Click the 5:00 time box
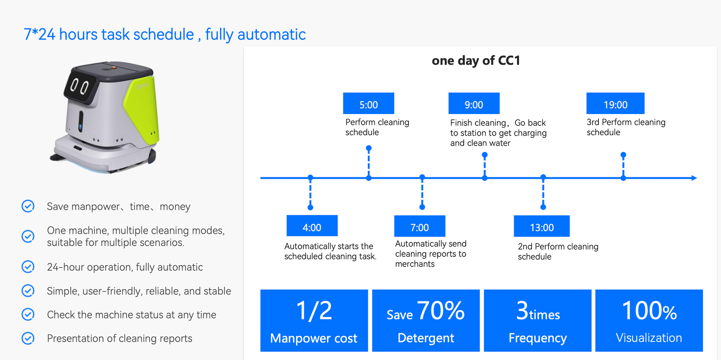click(368, 104)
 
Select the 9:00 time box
click(474, 104)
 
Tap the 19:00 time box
click(615, 104)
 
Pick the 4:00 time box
click(312, 226)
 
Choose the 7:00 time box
click(420, 226)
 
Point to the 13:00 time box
click(542, 226)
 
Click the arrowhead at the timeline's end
click(694, 178)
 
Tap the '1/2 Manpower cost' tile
click(314, 320)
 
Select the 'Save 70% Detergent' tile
click(426, 320)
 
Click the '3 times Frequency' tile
click(538, 320)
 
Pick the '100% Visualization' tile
click(649, 320)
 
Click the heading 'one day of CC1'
click(476, 60)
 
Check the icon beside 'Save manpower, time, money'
click(28, 206)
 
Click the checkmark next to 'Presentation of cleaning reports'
click(28, 338)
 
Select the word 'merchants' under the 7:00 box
click(415, 264)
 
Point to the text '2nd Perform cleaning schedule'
click(558, 251)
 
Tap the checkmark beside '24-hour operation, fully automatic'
click(28, 267)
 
